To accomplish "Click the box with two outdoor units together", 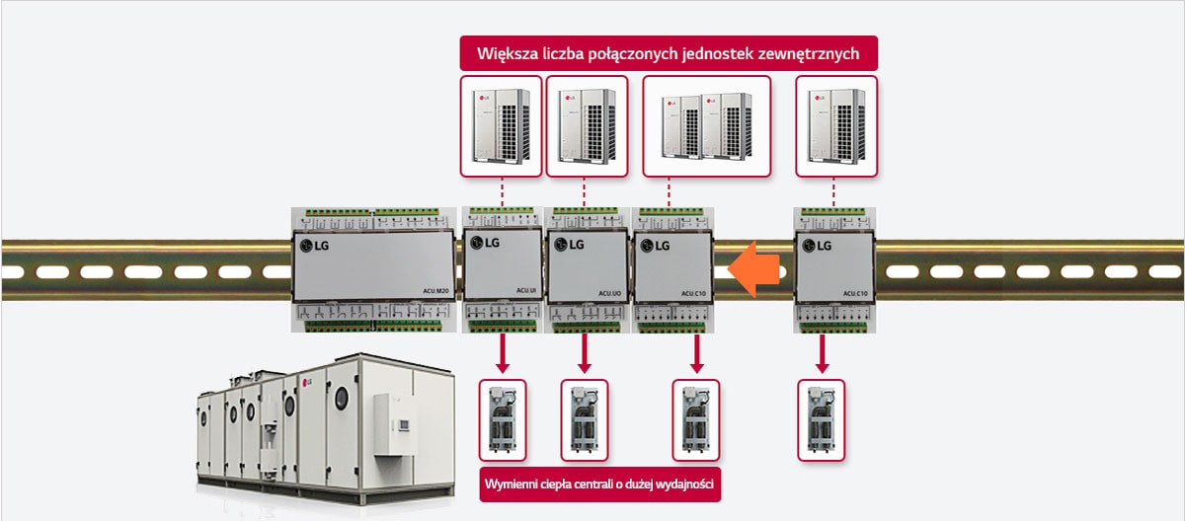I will click(706, 125).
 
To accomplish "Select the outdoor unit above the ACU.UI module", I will click(502, 125).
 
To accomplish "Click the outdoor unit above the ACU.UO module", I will click(587, 125).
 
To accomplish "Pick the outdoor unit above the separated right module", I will click(835, 125).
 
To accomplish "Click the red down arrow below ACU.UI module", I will click(503, 353).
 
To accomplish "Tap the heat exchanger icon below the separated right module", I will click(821, 419).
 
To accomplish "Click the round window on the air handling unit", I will click(341, 398).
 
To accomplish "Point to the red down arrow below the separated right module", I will click(821, 353).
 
